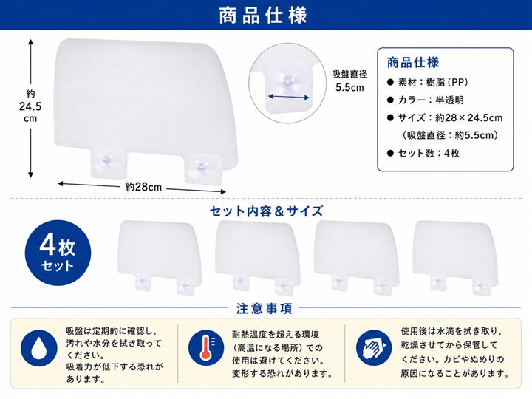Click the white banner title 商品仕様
coord(263,15)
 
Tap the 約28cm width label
coord(143,187)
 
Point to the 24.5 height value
coord(30,106)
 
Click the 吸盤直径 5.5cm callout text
coord(349,81)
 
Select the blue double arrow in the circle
coord(289,98)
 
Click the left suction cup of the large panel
coord(106,162)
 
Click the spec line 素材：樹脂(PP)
coord(428,82)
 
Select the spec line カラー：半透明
coord(426,100)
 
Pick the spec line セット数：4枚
coord(424,154)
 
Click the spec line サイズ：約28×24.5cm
coord(445,117)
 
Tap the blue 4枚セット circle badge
coord(58,253)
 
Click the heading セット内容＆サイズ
coord(266,211)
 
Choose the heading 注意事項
coord(264,309)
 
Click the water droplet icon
coord(39,348)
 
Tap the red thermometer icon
coord(206,347)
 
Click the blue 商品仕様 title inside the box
coord(413,62)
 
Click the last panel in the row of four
coord(456,257)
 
